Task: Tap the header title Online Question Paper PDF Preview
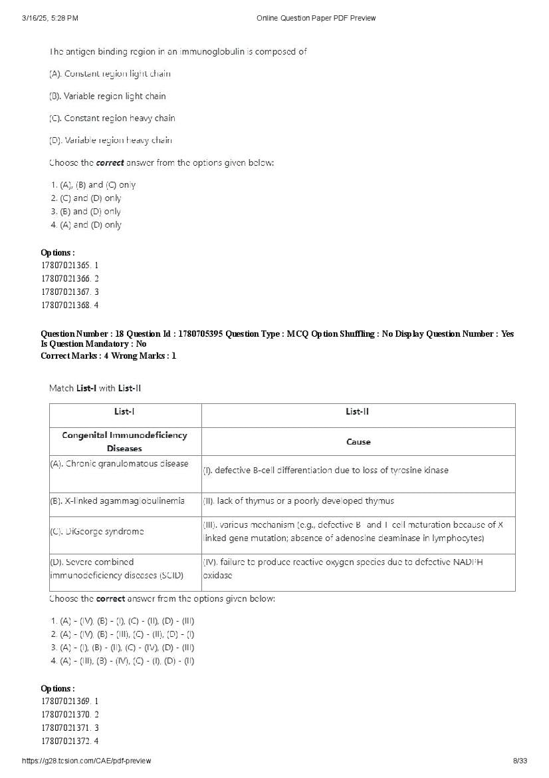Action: coord(316,18)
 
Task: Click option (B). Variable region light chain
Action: coord(108,96)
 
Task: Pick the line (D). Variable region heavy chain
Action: coord(110,140)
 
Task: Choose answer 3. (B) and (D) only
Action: coord(86,212)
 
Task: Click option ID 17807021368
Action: coord(69,305)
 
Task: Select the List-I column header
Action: coord(125,412)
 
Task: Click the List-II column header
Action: coord(358,412)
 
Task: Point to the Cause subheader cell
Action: coord(358,441)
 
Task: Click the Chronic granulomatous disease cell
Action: coord(120,464)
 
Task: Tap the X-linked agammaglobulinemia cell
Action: coord(118,500)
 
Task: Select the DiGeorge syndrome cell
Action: coord(97,532)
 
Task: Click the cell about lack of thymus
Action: coord(298,501)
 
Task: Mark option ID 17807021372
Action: coord(69,741)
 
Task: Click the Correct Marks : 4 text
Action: coord(74,356)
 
